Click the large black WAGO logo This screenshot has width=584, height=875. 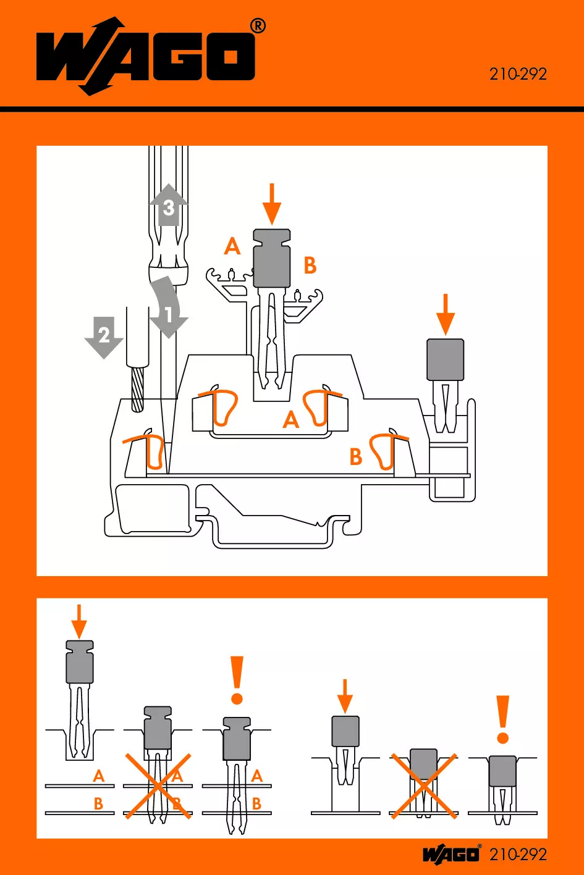coord(145,57)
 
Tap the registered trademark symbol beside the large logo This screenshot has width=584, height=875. coord(258,26)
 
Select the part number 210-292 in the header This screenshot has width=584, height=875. coord(518,74)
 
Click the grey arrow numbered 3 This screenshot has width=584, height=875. coord(168,204)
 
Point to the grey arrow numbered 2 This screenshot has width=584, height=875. coord(104,336)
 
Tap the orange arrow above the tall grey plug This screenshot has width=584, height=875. coord(271,204)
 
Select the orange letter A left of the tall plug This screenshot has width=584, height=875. coord(232,246)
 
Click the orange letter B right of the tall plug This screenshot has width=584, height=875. coord(310,266)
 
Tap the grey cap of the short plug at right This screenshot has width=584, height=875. coord(445,359)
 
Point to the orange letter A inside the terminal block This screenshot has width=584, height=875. coord(290,420)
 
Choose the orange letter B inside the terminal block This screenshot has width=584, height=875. coord(355,457)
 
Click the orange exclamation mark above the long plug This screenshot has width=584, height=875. coord(237,680)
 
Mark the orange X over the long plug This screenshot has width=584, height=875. coord(158,786)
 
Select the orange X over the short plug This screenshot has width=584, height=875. coord(423,786)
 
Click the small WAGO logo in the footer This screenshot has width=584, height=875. coord(452,854)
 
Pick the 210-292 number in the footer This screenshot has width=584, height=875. coord(518,855)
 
